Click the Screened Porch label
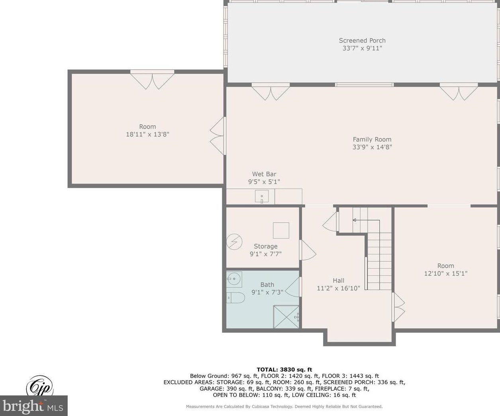pyautogui.click(x=362, y=41)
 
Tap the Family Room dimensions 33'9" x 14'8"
pyautogui.click(x=372, y=147)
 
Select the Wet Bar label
pyautogui.click(x=264, y=174)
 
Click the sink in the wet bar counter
pyautogui.click(x=261, y=196)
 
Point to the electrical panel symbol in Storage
pyautogui.click(x=234, y=242)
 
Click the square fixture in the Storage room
pyautogui.click(x=281, y=230)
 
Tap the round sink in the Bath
pyautogui.click(x=234, y=279)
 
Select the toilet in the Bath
pyautogui.click(x=235, y=297)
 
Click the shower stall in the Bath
pyautogui.click(x=286, y=316)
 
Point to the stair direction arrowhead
pyautogui.click(x=354, y=220)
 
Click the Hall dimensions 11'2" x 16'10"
pyautogui.click(x=338, y=288)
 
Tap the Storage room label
pyautogui.click(x=266, y=246)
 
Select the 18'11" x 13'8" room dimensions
pyautogui.click(x=147, y=134)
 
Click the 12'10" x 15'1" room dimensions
pyautogui.click(x=446, y=273)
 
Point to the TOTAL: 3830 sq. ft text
pyautogui.click(x=284, y=369)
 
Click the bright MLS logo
pyautogui.click(x=33, y=406)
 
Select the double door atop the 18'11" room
pyautogui.click(x=152, y=80)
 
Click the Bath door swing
pyautogui.click(x=292, y=287)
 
